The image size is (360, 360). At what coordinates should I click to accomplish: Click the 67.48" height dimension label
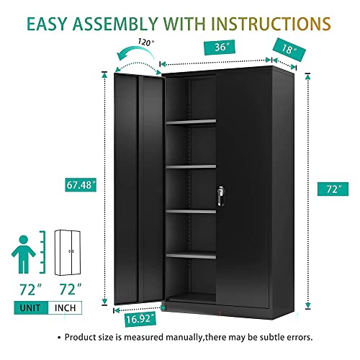pyautogui.click(x=78, y=186)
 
